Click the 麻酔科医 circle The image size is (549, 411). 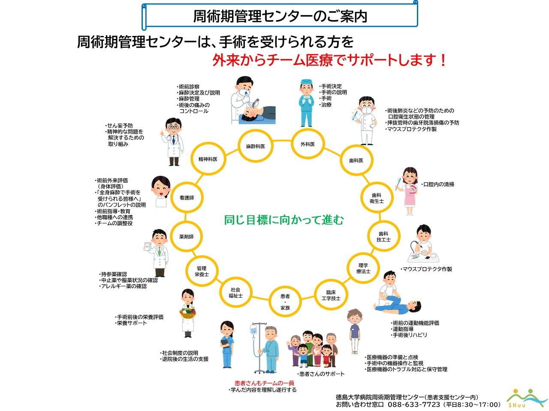click(255, 146)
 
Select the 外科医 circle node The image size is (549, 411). click(308, 144)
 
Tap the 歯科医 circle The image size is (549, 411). click(356, 161)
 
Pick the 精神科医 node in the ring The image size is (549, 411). click(208, 159)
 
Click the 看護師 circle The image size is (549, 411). click(187, 198)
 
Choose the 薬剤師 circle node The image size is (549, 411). click(187, 237)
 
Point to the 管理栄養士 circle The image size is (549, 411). click(202, 271)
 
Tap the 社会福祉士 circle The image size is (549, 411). click(235, 293)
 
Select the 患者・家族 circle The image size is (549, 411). click(285, 302)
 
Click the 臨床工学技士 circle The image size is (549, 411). click(331, 295)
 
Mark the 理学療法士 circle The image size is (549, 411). click(363, 268)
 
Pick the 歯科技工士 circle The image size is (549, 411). click(383, 237)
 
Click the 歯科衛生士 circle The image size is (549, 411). click(377, 198)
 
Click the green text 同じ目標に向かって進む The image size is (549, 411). click(284, 220)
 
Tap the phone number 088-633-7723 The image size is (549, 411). click(414, 405)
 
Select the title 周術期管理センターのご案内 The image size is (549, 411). click(280, 16)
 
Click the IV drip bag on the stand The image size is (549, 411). click(253, 330)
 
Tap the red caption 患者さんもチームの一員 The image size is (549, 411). click(264, 383)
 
